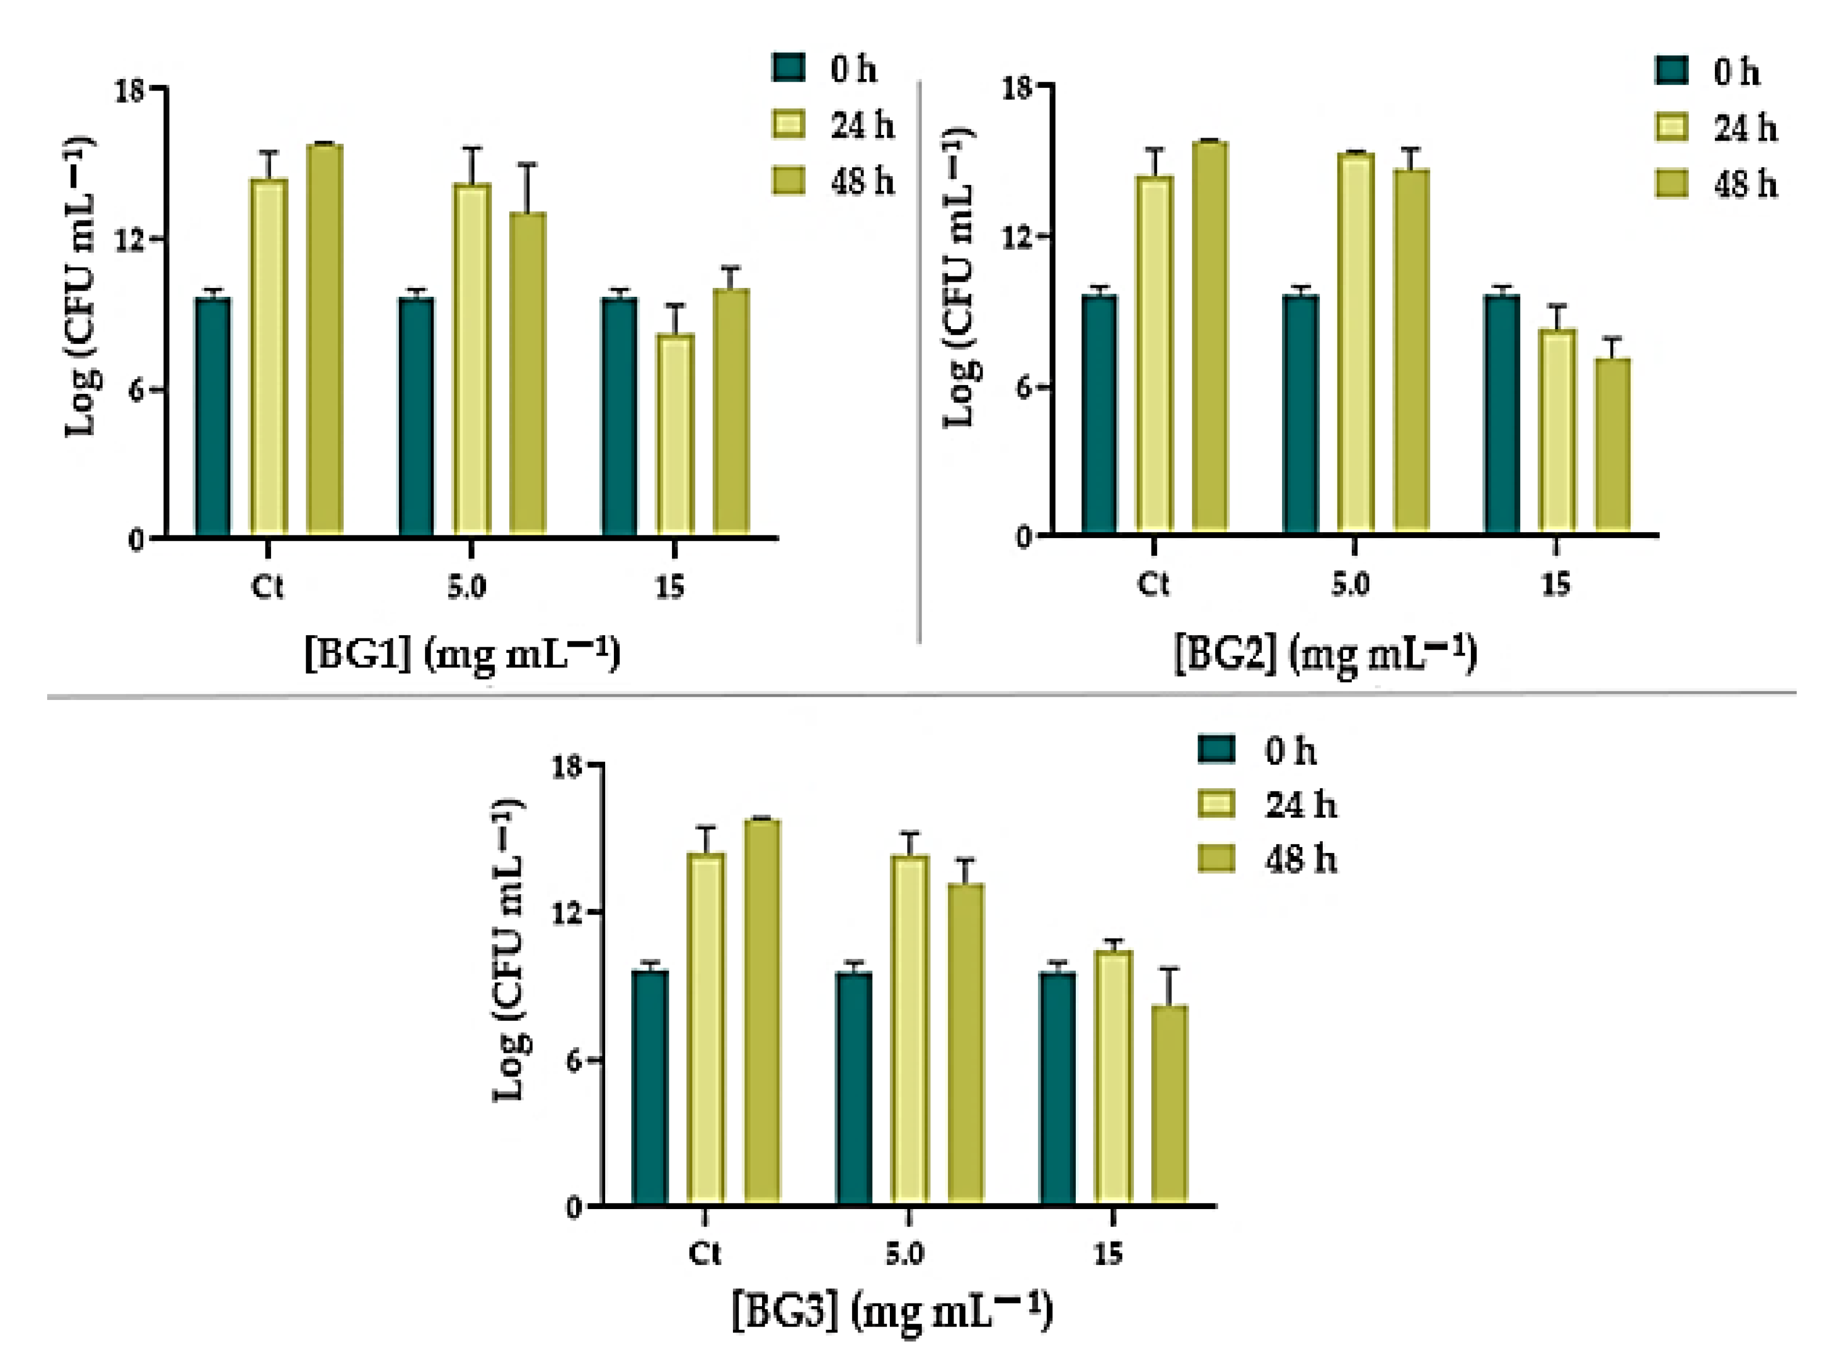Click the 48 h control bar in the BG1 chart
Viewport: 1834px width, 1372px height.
pos(324,340)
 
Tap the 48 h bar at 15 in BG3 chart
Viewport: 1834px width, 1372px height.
pos(1169,1103)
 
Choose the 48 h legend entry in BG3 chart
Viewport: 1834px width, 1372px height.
pos(1268,860)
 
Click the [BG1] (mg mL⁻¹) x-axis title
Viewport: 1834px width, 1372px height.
pos(462,655)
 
